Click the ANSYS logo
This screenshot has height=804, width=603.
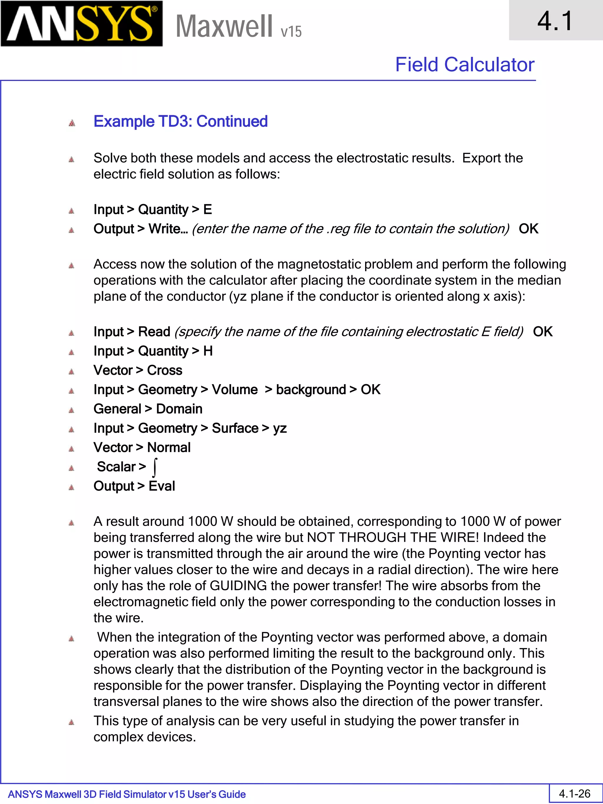[82, 24]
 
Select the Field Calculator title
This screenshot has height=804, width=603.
[465, 65]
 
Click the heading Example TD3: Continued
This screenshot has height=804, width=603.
[181, 121]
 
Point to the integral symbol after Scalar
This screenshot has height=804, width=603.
[155, 467]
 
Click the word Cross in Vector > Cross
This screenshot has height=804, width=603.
[164, 370]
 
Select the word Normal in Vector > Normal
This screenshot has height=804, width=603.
[169, 447]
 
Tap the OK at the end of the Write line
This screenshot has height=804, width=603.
[528, 229]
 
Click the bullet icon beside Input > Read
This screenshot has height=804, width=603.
[72, 333]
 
